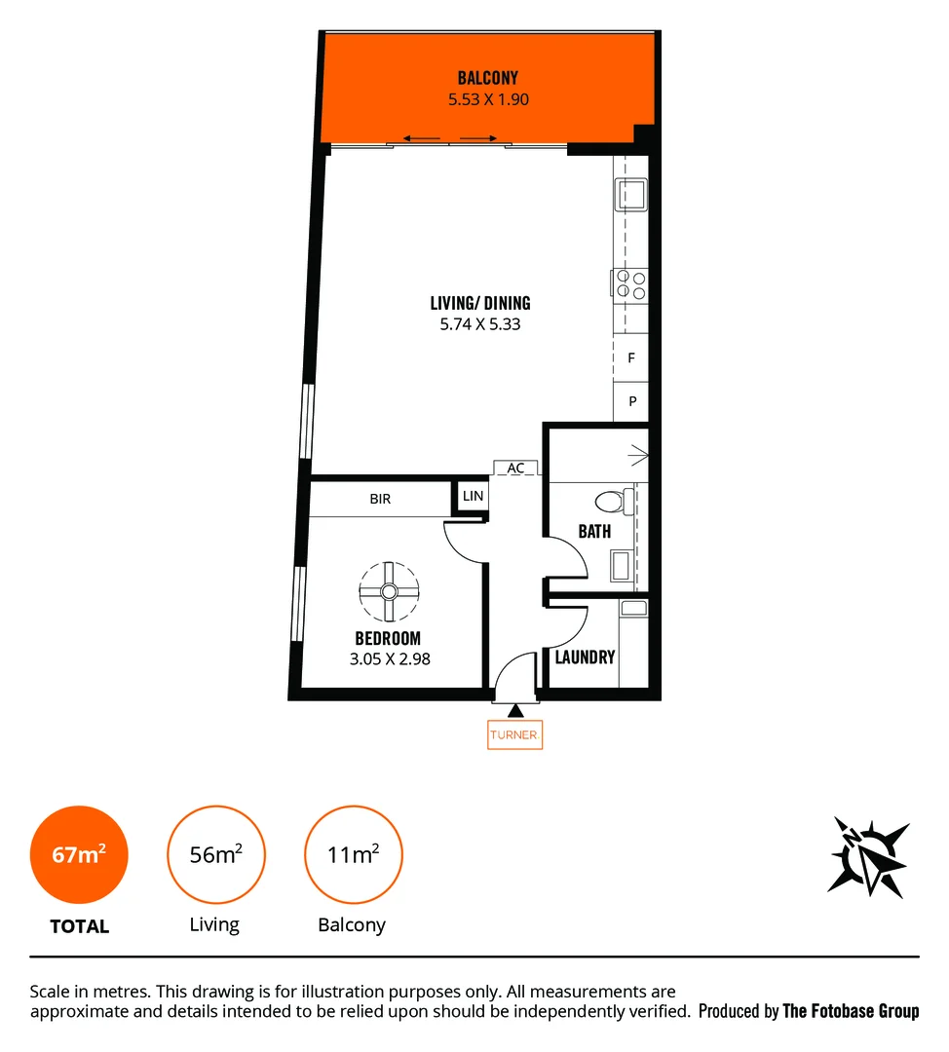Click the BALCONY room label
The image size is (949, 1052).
488,78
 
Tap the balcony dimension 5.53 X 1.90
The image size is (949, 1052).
488,99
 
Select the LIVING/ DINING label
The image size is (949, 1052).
480,303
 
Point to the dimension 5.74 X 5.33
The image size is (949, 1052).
480,324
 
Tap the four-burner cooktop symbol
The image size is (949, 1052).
629,283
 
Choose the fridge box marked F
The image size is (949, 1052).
631,358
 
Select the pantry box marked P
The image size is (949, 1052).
631,401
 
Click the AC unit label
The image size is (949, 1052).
515,469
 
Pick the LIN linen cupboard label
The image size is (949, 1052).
473,497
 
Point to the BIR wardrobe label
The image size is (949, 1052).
380,499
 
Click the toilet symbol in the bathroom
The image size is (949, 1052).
611,503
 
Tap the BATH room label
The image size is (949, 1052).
594,532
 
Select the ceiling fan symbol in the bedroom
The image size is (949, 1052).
388,590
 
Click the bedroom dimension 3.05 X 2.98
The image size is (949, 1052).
389,659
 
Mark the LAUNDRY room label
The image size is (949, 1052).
585,657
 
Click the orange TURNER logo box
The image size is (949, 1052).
514,735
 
